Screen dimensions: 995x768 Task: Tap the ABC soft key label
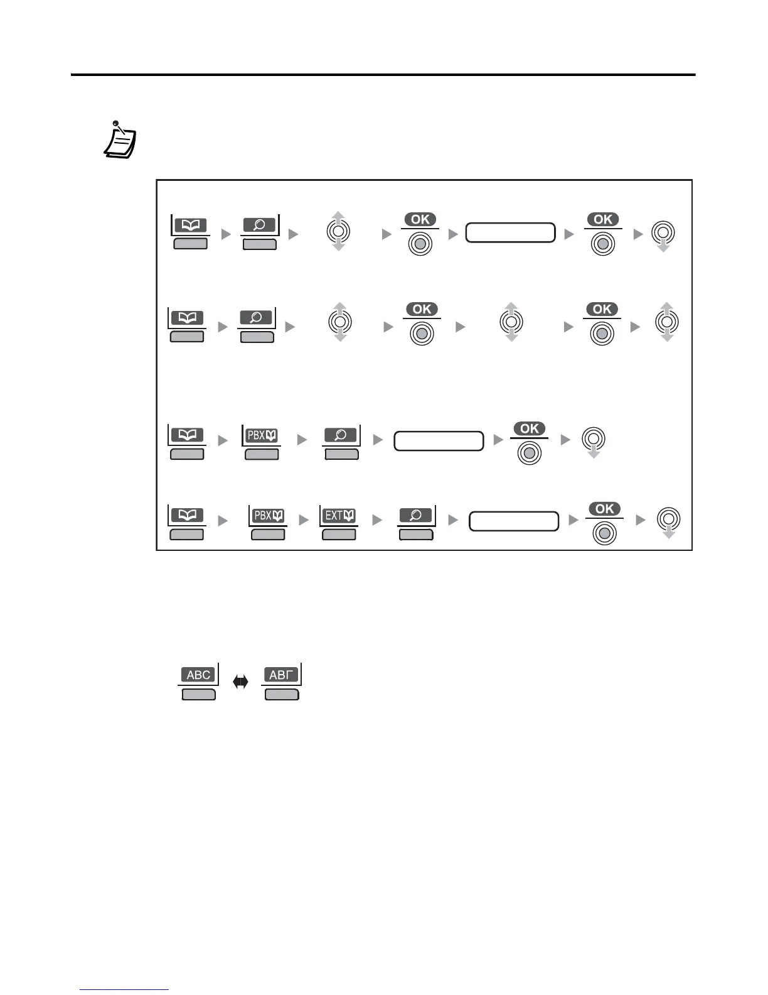coord(198,675)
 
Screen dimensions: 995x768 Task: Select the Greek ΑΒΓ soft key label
coord(281,675)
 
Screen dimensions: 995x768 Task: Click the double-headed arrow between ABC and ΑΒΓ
coord(240,682)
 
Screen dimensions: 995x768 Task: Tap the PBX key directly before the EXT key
coord(268,516)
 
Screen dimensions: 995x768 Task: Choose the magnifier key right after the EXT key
coord(416,516)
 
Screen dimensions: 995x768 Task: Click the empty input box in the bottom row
coord(514,521)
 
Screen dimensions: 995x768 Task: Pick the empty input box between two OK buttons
coord(510,232)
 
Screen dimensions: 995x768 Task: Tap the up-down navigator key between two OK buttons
coord(511,322)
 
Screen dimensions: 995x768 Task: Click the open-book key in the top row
coord(190,226)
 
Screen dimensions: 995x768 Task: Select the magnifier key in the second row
coord(257,318)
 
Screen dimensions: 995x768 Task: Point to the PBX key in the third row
coord(262,435)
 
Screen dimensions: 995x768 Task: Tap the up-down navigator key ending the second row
coord(666,322)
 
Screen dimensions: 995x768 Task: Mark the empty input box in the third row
coord(439,441)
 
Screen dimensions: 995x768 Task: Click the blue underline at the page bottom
coord(124,990)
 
